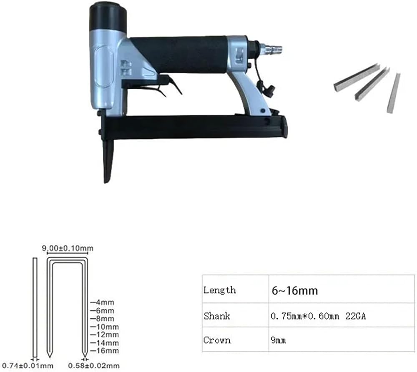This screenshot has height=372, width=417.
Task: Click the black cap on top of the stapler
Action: [x=108, y=16]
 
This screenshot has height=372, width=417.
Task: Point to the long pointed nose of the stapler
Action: [x=108, y=160]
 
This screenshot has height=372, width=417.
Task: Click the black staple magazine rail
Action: [x=194, y=126]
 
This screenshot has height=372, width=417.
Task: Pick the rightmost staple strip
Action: [x=394, y=93]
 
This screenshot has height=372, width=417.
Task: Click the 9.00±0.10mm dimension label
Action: [x=68, y=249]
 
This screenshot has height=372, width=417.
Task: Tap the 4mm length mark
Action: [x=103, y=302]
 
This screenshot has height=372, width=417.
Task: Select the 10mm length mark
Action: [x=105, y=327]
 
